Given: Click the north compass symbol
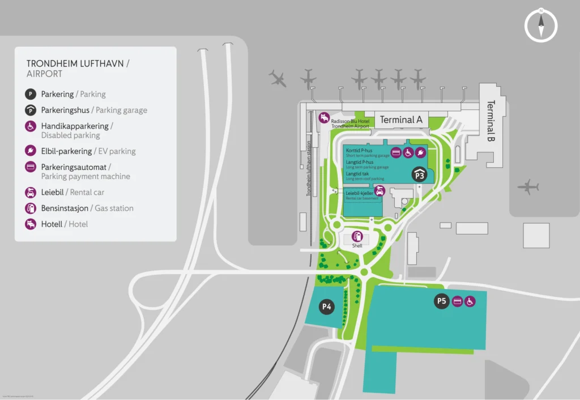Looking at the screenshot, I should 541,25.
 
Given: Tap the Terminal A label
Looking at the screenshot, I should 401,120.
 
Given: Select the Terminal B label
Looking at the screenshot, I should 491,121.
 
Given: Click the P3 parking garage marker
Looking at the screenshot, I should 419,174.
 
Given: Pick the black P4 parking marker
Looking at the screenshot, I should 326,307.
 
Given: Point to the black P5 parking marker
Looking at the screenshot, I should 442,301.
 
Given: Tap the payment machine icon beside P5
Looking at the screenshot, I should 457,301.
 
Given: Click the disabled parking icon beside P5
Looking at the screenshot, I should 470,301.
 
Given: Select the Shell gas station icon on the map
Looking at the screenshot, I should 357,236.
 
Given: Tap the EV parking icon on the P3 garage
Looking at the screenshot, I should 420,152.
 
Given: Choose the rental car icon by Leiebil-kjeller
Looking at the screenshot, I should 380,191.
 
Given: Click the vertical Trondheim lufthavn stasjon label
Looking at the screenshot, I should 309,168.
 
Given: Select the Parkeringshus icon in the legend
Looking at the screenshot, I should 31,110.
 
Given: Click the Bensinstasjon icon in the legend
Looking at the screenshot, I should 31,208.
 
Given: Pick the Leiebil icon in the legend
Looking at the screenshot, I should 31,192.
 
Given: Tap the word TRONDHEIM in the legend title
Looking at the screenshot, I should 54,64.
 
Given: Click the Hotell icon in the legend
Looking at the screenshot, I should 31,224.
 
